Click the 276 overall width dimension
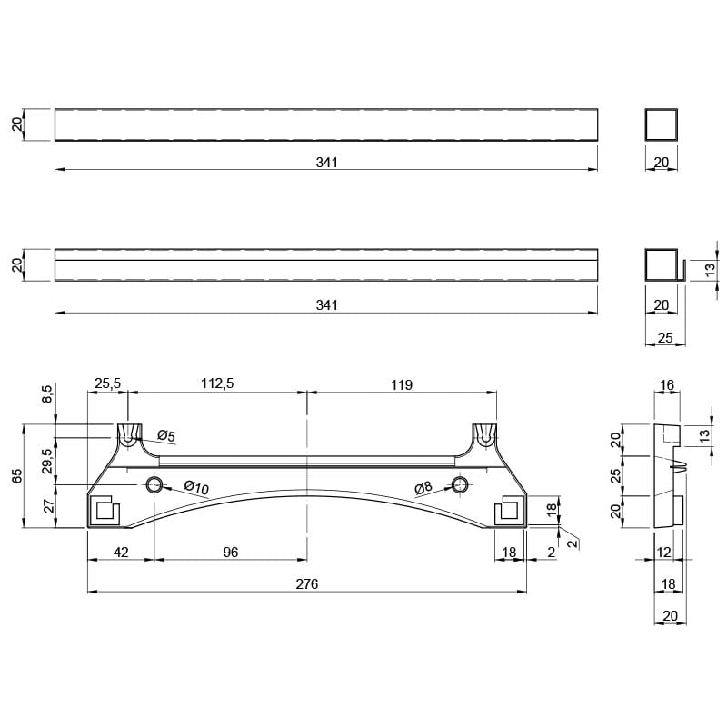[307, 583]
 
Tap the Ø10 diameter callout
[196, 487]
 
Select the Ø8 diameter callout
[423, 487]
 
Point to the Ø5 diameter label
[166, 435]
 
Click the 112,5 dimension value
[217, 383]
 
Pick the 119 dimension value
[402, 384]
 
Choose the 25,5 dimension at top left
[107, 383]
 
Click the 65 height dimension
[17, 475]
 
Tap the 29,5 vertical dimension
[47, 461]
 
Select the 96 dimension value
[231, 553]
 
